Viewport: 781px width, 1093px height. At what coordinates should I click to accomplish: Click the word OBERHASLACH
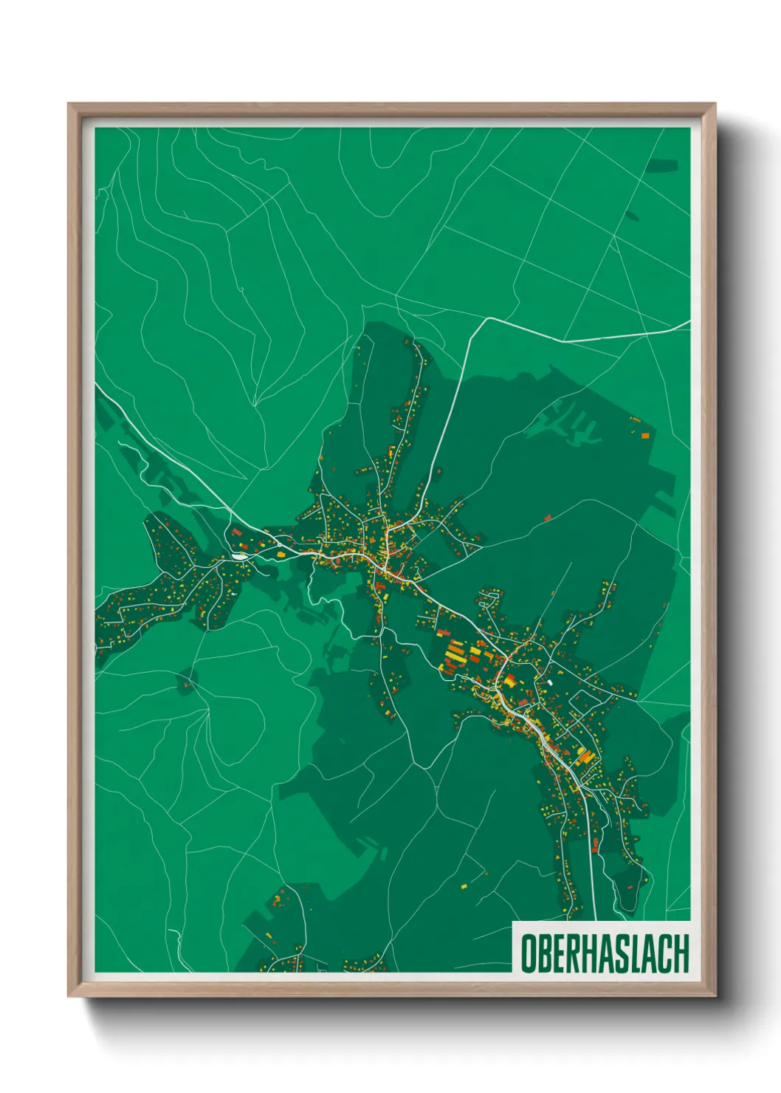[x=604, y=953]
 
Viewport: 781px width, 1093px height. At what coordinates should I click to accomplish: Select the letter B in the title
[x=544, y=953]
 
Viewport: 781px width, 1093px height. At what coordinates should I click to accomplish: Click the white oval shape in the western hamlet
[x=241, y=555]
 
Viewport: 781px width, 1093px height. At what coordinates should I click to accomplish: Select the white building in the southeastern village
[x=550, y=683]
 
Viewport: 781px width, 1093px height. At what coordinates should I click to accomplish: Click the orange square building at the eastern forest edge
[x=644, y=436]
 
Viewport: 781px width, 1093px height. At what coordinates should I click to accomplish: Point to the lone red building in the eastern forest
[x=547, y=518]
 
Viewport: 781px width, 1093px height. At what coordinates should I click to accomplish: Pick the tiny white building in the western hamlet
[x=233, y=592]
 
